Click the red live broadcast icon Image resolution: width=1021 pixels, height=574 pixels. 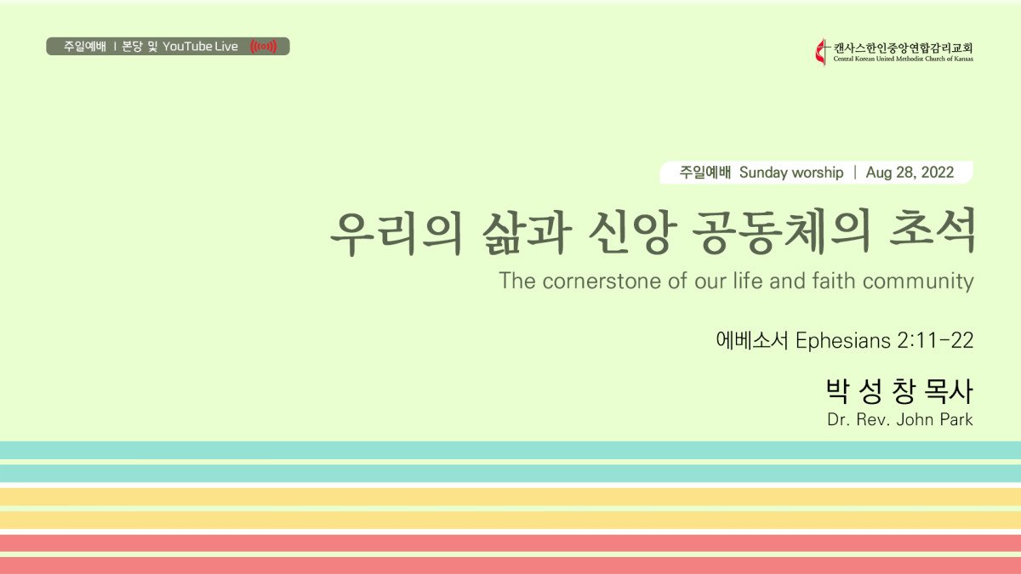click(264, 47)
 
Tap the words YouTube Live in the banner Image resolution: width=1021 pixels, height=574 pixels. click(200, 47)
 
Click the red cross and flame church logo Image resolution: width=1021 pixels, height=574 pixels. click(821, 52)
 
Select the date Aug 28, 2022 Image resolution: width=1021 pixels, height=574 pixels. click(910, 172)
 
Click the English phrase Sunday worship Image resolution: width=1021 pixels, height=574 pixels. click(791, 173)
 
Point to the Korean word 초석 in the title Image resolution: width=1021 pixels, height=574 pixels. click(932, 231)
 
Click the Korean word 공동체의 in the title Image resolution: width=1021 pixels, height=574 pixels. click(780, 231)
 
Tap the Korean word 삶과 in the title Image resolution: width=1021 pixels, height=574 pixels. click(527, 231)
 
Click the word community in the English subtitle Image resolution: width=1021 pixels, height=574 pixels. click(918, 281)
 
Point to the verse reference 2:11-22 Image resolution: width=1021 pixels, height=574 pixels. click(935, 341)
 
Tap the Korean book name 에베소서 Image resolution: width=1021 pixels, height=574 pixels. click(752, 340)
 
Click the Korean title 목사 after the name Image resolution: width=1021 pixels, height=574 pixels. click(949, 392)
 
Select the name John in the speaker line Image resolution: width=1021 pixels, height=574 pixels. click(915, 419)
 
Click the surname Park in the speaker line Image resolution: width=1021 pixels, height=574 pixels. click(956, 419)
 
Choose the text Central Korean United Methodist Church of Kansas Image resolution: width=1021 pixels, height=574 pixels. click(903, 59)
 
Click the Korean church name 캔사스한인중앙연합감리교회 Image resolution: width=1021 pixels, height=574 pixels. click(903, 48)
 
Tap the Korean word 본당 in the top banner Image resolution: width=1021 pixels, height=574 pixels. click(132, 47)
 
